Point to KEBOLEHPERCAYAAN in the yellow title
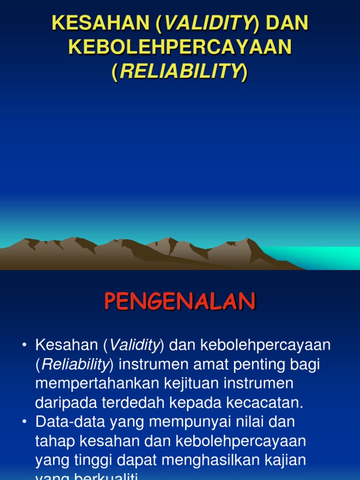tap(180, 48)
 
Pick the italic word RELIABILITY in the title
tap(180, 72)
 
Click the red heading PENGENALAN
tap(180, 302)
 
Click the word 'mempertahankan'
tap(97, 383)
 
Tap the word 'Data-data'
tap(70, 421)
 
